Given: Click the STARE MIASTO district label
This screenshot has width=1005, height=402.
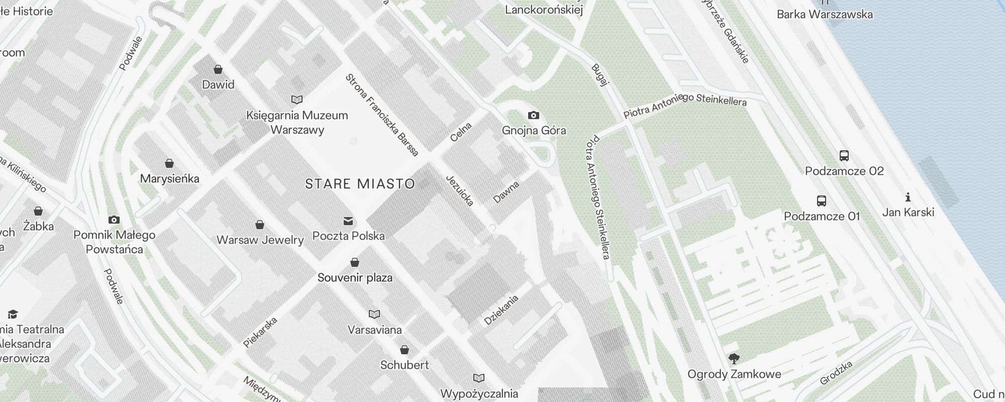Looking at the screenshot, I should (x=360, y=184).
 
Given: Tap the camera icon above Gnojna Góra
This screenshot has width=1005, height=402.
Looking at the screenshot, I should (x=534, y=116).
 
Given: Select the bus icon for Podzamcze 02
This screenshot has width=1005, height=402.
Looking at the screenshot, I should (x=844, y=156).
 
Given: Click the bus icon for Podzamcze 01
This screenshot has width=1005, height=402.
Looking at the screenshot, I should (x=822, y=201).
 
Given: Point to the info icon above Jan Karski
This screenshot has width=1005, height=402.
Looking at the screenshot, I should (x=908, y=197).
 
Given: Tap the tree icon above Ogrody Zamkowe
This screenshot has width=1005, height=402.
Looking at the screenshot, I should (x=734, y=359).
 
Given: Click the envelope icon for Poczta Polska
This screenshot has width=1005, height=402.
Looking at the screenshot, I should (x=348, y=221).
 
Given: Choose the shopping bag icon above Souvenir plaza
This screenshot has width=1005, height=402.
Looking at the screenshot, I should (x=355, y=262).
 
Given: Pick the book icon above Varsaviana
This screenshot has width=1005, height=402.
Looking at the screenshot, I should (x=374, y=315).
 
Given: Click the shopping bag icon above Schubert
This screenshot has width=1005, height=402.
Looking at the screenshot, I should (x=405, y=350).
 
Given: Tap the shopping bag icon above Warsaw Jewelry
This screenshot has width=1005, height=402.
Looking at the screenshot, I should (x=260, y=225).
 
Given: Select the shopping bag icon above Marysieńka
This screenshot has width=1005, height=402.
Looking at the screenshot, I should (x=169, y=163).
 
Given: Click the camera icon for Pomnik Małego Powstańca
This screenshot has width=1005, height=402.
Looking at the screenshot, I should (x=114, y=220).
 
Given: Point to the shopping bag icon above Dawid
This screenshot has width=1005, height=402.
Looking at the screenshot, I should (x=218, y=69).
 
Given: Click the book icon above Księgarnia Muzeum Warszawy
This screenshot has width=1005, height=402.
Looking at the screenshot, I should (x=297, y=100).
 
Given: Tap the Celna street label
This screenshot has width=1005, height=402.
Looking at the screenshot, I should (x=461, y=132).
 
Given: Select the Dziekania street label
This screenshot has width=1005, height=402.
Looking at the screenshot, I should (x=501, y=310).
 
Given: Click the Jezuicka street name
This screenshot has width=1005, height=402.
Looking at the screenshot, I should (x=460, y=190).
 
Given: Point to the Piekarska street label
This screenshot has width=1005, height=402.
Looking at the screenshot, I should (x=260, y=332).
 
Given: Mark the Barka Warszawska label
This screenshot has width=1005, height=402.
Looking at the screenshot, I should (x=825, y=14).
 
